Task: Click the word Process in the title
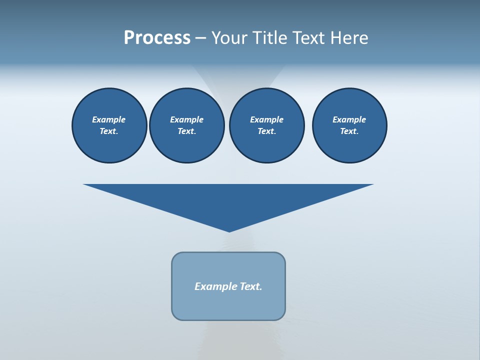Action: tap(157, 38)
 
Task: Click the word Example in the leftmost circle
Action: tap(109, 119)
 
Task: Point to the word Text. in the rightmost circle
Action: tap(349, 131)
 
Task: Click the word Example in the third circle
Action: tap(266, 119)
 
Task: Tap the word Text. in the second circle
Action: tap(186, 131)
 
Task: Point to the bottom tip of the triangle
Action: tap(229, 230)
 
